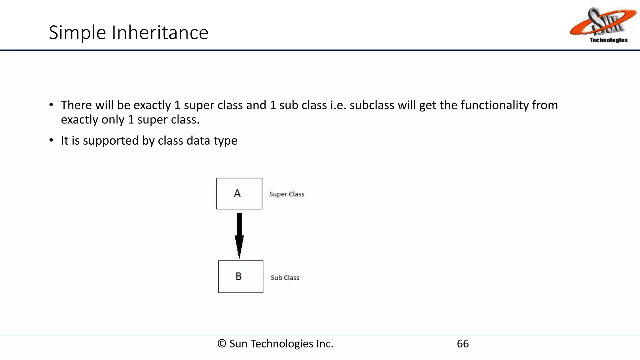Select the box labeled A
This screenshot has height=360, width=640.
tap(239, 193)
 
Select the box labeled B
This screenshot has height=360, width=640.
tap(241, 277)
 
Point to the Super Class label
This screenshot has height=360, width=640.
tap(287, 194)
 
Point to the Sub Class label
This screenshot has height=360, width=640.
tap(285, 277)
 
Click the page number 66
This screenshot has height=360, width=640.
tap(462, 344)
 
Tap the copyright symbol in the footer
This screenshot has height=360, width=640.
tap(222, 344)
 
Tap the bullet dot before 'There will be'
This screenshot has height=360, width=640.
tap(51, 105)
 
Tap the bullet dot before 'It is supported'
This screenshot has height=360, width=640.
tap(51, 141)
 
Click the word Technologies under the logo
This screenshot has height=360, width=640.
tap(608, 40)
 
